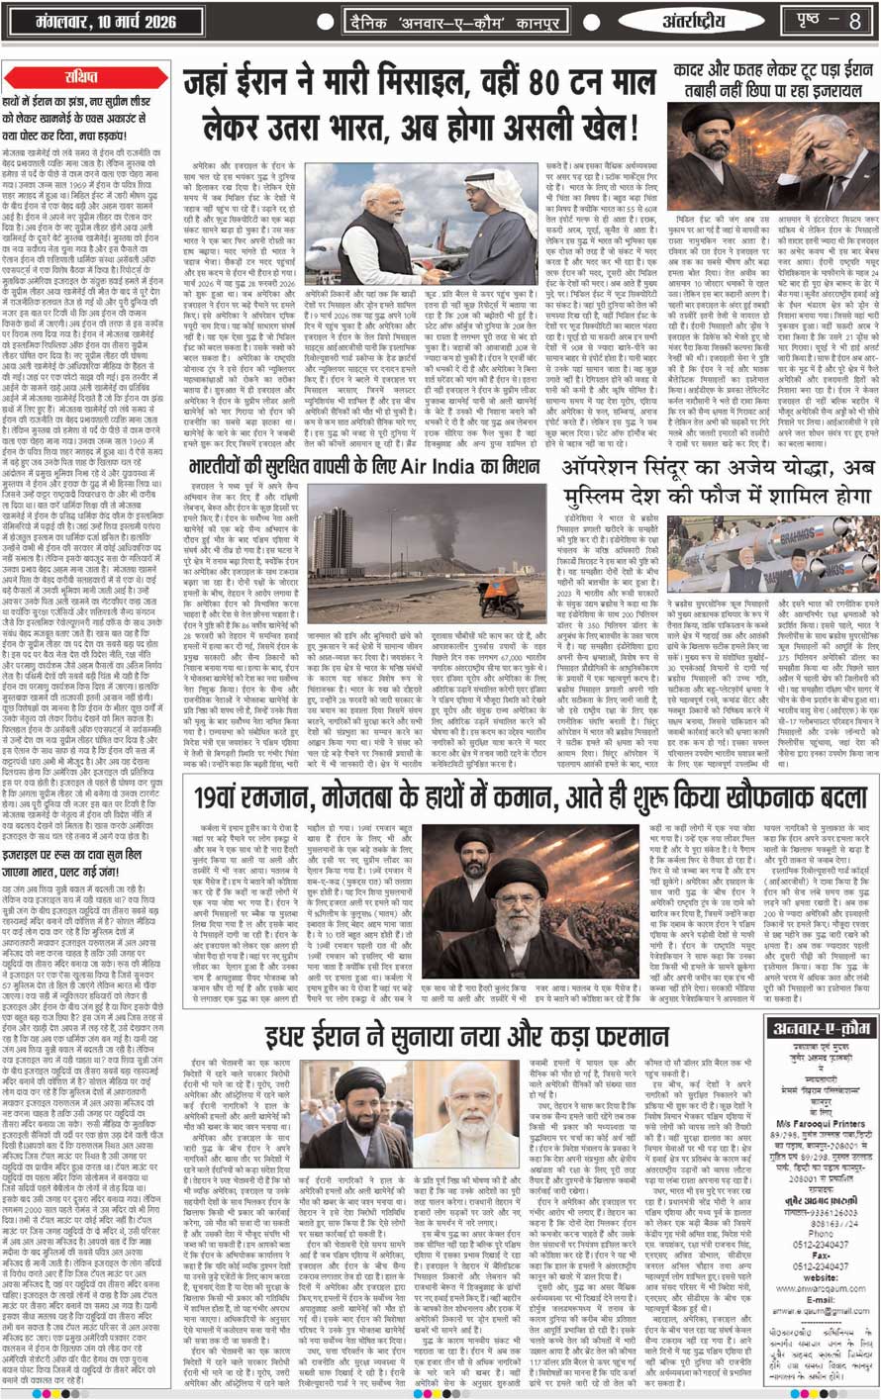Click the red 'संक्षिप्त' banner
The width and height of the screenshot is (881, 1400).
[83, 76]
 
